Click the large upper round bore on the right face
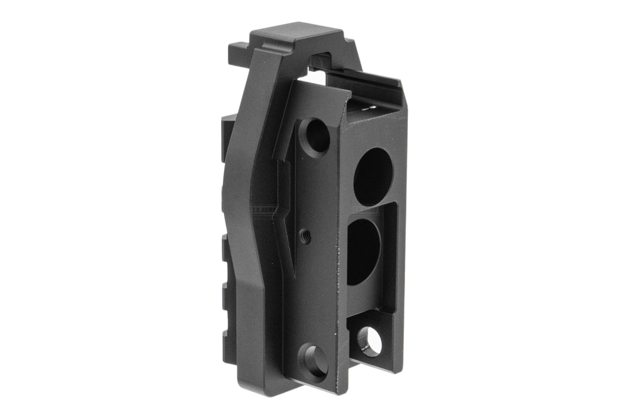pyautogui.click(x=373, y=176)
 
